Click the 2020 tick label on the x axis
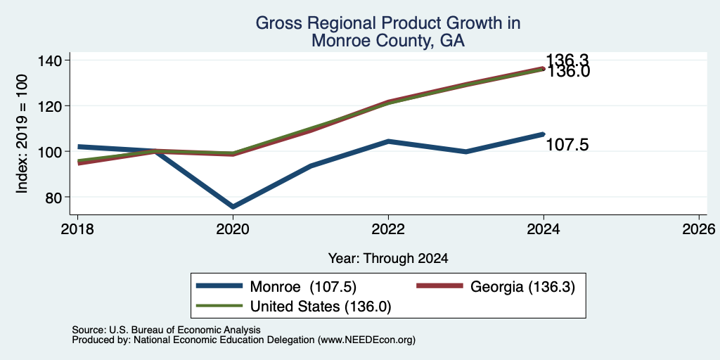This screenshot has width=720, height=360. click(233, 229)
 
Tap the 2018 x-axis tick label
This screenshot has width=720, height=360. click(77, 229)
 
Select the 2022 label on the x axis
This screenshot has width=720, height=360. click(388, 229)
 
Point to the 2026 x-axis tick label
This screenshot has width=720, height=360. click(699, 229)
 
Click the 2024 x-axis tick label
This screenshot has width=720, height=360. click(544, 229)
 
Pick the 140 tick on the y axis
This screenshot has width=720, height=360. click(51, 60)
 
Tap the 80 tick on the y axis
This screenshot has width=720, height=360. click(55, 197)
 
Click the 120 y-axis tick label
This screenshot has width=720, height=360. click(51, 105)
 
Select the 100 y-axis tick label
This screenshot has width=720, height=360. click(51, 151)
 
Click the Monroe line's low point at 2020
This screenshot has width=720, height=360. click(233, 207)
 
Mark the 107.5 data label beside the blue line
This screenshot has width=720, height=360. click(567, 146)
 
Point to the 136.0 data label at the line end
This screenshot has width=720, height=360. click(567, 72)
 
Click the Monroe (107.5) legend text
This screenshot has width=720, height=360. click(303, 287)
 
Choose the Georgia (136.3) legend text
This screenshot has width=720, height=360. click(522, 287)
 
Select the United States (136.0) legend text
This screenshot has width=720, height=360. click(321, 307)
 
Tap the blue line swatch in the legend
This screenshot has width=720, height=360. click(219, 286)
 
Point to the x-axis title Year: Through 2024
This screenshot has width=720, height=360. click(388, 259)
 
